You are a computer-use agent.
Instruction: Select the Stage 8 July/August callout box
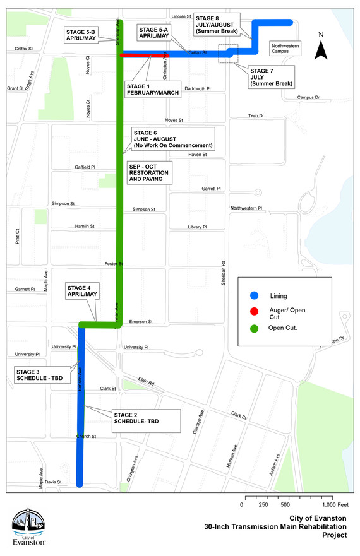(x=217, y=23)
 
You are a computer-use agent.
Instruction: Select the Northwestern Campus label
(x=285, y=49)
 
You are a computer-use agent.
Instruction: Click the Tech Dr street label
(x=256, y=116)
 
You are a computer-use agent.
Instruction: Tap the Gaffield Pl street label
(x=84, y=167)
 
